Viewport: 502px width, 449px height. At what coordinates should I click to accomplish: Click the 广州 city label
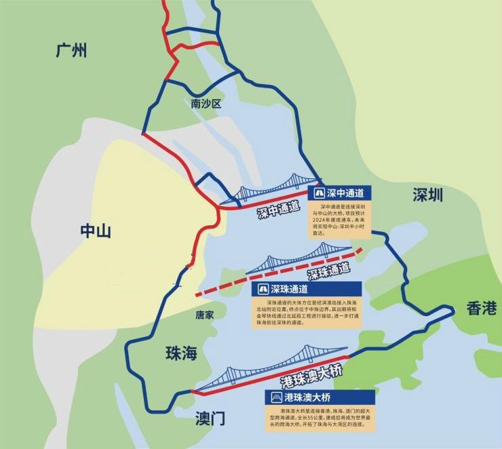click(x=71, y=50)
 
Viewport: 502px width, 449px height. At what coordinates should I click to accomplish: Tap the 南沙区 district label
click(x=206, y=104)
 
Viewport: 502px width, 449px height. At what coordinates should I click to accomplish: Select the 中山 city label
click(x=96, y=231)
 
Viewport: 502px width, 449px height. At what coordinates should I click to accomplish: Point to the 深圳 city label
click(x=427, y=195)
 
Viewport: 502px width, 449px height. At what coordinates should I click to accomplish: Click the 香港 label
click(x=482, y=309)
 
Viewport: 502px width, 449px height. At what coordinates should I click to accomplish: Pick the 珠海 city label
click(x=181, y=353)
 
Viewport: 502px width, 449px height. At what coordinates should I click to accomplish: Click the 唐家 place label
click(x=204, y=315)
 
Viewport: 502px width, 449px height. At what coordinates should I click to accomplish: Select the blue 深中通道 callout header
click(x=339, y=193)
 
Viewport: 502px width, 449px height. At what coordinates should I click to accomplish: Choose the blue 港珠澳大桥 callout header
click(x=320, y=397)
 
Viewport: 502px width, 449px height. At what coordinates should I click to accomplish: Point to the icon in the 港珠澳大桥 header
click(x=276, y=397)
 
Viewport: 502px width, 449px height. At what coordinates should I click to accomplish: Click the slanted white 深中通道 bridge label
click(x=278, y=210)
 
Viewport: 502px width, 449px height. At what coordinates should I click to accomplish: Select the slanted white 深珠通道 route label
click(x=329, y=272)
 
